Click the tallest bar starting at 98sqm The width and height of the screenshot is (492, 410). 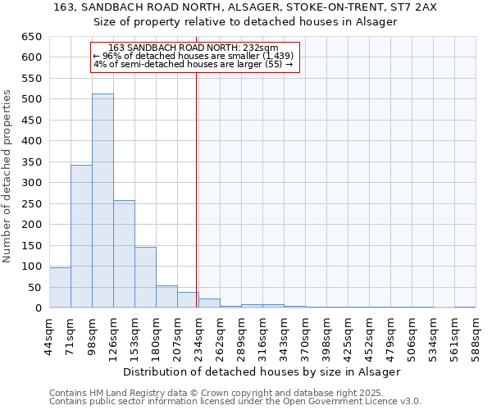(x=102, y=201)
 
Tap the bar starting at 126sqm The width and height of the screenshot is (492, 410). (x=124, y=254)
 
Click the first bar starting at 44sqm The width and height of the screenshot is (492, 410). (x=60, y=288)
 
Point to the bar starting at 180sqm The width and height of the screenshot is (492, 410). (x=166, y=297)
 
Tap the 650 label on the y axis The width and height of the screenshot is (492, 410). (x=32, y=37)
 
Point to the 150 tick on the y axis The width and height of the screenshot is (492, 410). (x=32, y=245)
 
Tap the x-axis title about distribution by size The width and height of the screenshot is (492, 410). (x=262, y=371)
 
